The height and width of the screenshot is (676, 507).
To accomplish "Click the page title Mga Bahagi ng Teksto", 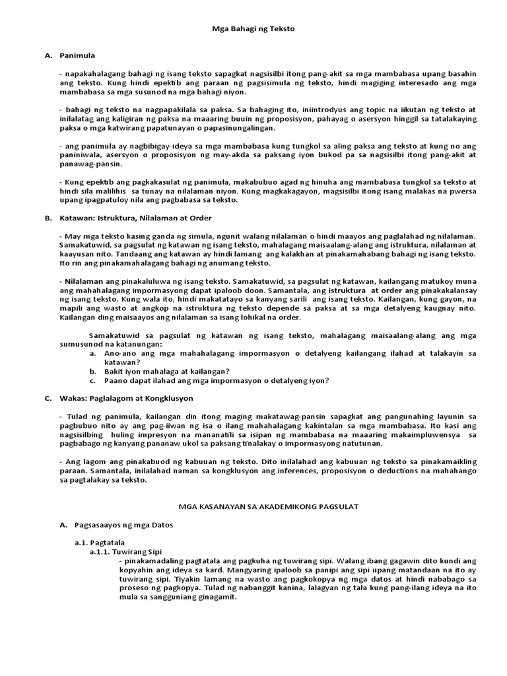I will (253, 30).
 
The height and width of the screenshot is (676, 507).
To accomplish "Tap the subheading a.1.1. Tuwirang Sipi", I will (126, 551).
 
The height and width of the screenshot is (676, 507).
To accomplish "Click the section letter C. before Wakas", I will (48, 398).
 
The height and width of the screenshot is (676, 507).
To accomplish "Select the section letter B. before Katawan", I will (48, 217).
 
